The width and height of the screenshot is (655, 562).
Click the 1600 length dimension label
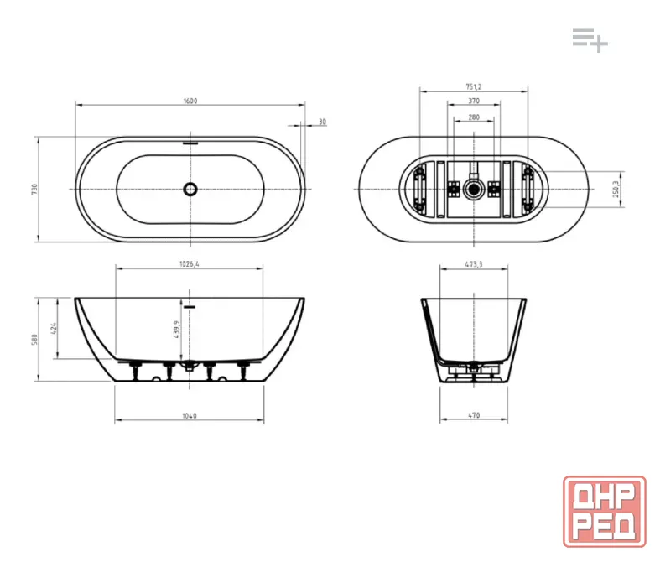point(190,101)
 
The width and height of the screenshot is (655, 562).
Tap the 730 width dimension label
point(34,189)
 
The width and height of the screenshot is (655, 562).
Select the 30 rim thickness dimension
point(322,122)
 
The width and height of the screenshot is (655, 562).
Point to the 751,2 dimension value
point(474,87)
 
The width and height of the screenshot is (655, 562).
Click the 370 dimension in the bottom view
point(474,101)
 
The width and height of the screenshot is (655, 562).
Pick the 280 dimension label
point(474,117)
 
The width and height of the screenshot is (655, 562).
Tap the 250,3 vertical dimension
point(616,189)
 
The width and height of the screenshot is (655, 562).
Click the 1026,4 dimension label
point(190,264)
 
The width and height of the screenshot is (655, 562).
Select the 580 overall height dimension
point(34,339)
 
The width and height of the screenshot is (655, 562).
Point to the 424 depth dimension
point(54,328)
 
